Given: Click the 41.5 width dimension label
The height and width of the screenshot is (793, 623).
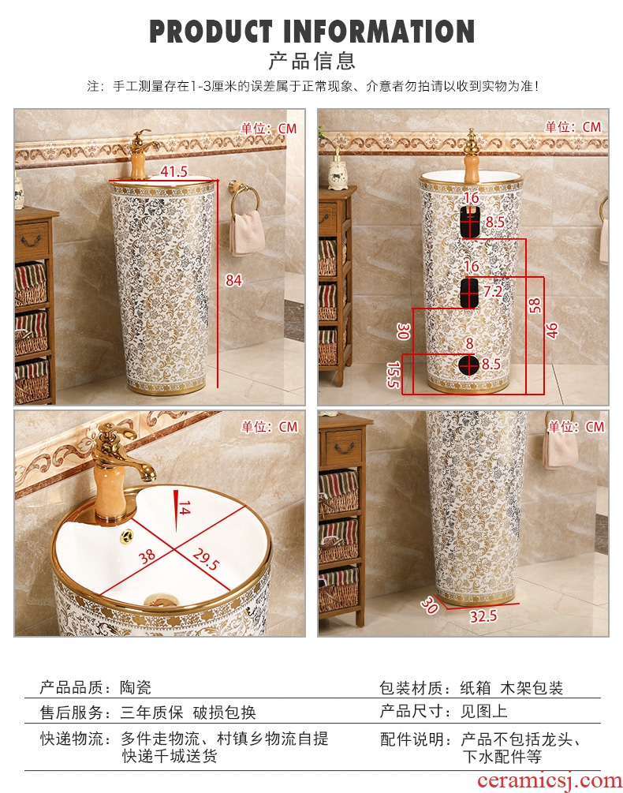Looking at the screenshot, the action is coord(173,171).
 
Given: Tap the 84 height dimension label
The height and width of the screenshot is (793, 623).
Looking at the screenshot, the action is coord(233,280).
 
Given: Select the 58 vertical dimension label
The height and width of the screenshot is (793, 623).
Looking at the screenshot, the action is coord(534,305).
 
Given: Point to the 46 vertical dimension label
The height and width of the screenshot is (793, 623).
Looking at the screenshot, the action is coord(552,331).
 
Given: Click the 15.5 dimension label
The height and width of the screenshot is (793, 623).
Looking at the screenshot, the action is coord(393,374).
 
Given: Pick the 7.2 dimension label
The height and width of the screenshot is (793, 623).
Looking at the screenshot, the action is coord(493,291).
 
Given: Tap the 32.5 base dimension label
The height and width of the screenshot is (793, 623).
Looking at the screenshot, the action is coord(483,616).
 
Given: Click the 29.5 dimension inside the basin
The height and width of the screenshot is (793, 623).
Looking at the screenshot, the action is coord(206,559).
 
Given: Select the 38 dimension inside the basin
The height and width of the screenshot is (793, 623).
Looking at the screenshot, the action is coord(147,556).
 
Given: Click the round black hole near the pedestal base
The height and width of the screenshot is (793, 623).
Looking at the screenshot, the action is coord(468,364).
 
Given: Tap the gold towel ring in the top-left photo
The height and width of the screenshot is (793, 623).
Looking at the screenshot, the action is coord(244,198).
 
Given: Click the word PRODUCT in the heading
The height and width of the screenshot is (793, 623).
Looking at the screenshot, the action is coord(211,32).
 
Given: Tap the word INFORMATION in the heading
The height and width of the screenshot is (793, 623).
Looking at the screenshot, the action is coord(379,32).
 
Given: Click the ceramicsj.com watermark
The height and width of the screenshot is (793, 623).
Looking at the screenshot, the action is coord(550,781).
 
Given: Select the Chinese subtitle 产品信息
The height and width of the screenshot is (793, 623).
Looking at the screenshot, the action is coord(311,62).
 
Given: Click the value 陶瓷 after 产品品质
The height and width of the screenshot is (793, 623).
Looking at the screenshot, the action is coord(136,687).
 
